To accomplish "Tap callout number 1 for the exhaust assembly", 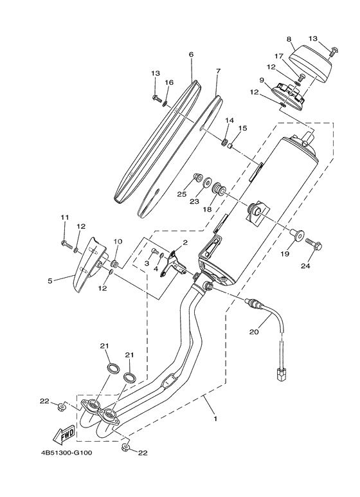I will coord(215,419).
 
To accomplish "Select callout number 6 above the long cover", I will coord(191,55).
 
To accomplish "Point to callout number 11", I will coord(64,217).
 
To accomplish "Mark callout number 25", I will coord(182,194).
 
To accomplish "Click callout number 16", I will coord(169,82).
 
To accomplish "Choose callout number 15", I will coord(243,129).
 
